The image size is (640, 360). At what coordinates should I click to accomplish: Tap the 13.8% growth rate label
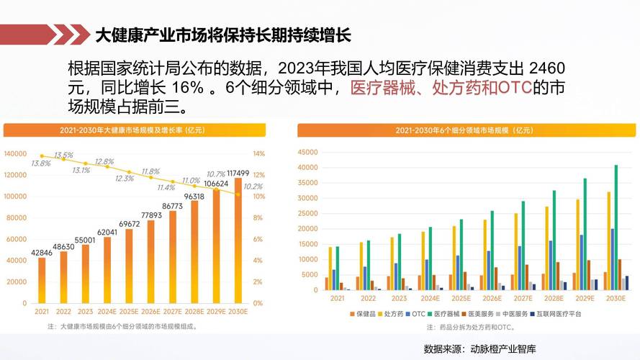coord(40,163)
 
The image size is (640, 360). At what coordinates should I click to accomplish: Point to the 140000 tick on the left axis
coord(16,153)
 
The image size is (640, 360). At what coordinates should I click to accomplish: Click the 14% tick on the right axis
coord(259,153)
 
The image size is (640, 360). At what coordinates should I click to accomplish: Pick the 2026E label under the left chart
coord(150,312)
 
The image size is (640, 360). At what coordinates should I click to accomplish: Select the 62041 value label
coord(107,232)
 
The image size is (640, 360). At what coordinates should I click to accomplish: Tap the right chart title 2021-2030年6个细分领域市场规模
coord(464,130)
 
